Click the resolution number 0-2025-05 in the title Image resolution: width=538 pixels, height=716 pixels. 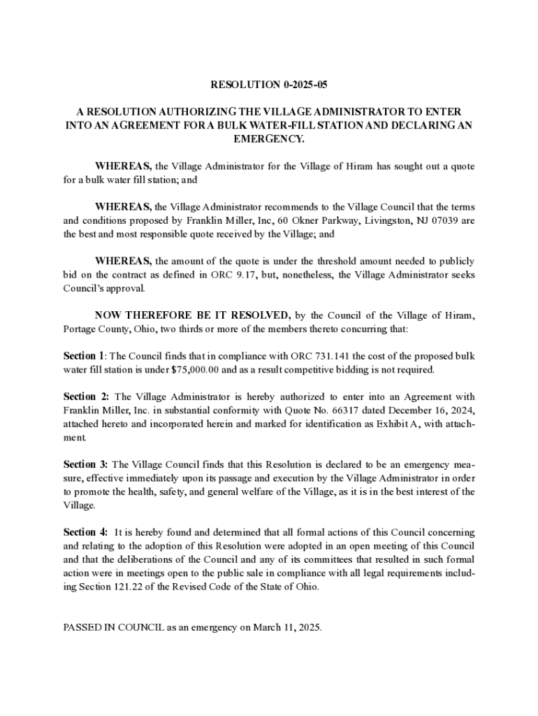[305, 85]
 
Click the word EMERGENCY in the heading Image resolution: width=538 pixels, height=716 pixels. [269, 139]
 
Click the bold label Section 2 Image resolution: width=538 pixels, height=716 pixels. [85, 397]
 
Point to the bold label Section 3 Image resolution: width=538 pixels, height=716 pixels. [85, 464]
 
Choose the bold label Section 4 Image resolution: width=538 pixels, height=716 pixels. [85, 532]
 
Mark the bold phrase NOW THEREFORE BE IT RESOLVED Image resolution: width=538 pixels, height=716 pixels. [193, 315]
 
